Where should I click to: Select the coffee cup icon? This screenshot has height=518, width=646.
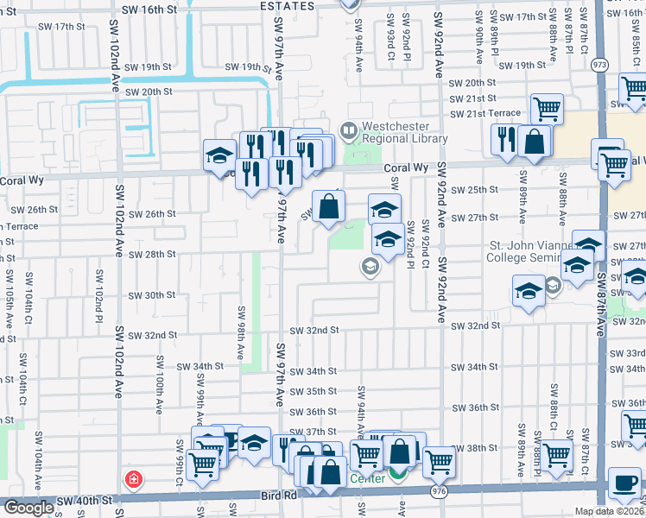[624, 483]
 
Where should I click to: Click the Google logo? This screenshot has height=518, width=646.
[28, 508]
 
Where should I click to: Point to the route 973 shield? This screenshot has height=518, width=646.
[599, 65]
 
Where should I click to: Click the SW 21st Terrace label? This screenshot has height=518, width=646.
[487, 113]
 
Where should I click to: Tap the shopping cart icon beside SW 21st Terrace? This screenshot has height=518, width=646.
[548, 110]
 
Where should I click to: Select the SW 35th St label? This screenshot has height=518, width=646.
[313, 391]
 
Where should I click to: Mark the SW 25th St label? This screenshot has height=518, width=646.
[476, 189]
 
